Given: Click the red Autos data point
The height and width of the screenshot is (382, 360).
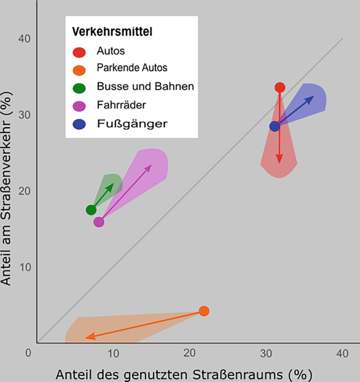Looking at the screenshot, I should point(280,87).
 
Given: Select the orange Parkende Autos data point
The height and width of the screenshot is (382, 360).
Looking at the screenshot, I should point(204,311).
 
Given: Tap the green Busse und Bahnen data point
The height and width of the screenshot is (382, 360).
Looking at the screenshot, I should point(91,210).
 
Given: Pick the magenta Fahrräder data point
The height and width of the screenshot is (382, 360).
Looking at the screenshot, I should point(99,222).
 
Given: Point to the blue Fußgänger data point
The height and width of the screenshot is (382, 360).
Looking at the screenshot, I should point(274,126).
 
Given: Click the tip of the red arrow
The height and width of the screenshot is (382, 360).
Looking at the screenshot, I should point(280,162).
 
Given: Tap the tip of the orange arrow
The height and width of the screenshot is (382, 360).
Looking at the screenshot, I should point(86,337).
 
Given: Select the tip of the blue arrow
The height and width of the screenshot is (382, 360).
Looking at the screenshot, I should point(314,97).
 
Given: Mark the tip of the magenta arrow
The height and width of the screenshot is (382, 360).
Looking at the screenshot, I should point(151,165).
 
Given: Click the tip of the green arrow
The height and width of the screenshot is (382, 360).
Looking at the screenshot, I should point(114,184).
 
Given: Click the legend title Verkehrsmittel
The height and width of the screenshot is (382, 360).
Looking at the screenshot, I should point(112,32).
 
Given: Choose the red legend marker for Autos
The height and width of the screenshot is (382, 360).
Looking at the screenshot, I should point(79,52).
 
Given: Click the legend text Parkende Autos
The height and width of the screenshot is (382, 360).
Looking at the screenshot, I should point(132,68).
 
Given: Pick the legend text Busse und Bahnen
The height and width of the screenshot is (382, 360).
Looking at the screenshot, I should point(146,86).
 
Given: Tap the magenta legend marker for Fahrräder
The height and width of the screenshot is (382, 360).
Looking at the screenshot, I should point(79,106).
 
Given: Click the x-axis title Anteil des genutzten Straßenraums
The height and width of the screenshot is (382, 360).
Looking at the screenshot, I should point(180,374).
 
